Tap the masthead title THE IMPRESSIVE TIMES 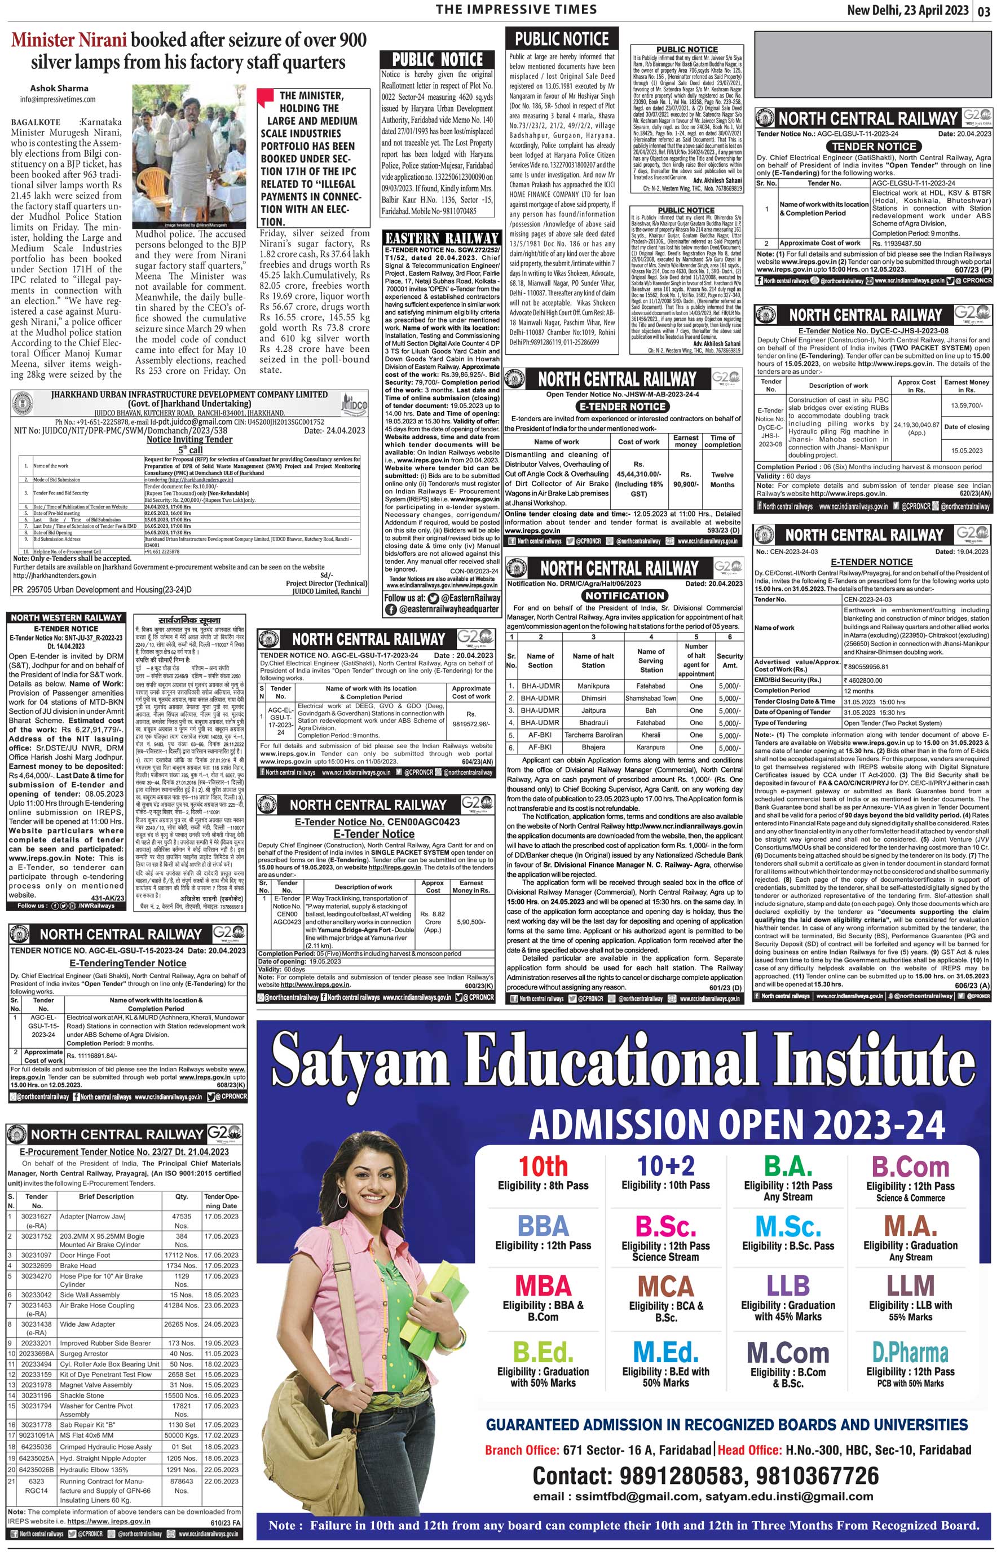516,9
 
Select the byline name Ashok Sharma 59,89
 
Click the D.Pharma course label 910,1352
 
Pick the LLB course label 788,1286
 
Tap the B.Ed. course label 544,1352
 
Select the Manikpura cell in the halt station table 593,686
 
